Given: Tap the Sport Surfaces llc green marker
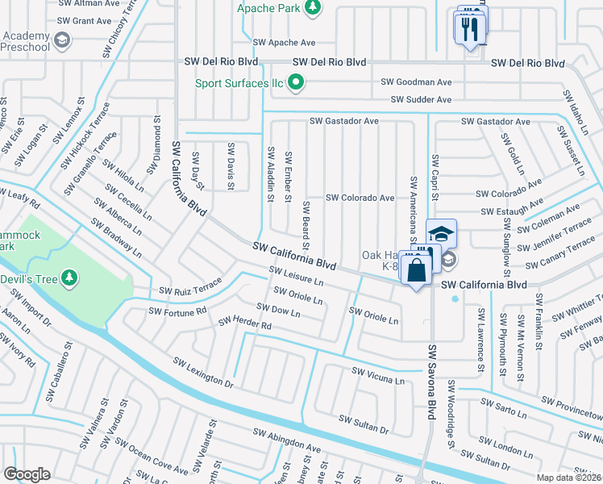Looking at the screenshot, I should click(296, 81).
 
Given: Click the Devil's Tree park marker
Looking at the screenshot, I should click(70, 277).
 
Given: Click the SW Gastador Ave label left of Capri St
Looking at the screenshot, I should click(343, 121).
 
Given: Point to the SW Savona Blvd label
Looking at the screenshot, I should click(431, 383).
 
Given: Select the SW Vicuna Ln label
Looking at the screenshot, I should click(377, 375).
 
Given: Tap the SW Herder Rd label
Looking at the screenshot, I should click(245, 323).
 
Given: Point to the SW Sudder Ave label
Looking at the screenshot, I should click(421, 99).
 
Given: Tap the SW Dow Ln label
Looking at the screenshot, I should click(278, 310).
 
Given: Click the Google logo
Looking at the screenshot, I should click(27, 474).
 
